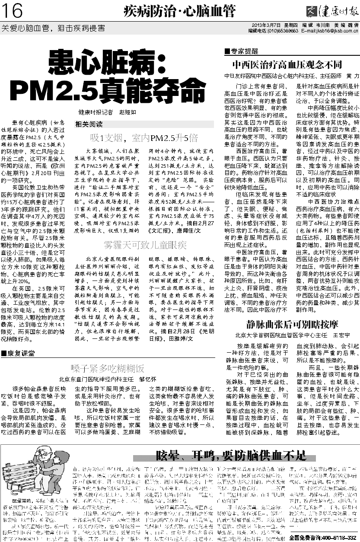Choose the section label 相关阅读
[89, 124]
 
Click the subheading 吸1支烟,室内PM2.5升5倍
[144, 138]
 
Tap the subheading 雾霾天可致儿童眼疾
[144, 245]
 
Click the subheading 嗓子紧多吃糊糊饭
[107, 369]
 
